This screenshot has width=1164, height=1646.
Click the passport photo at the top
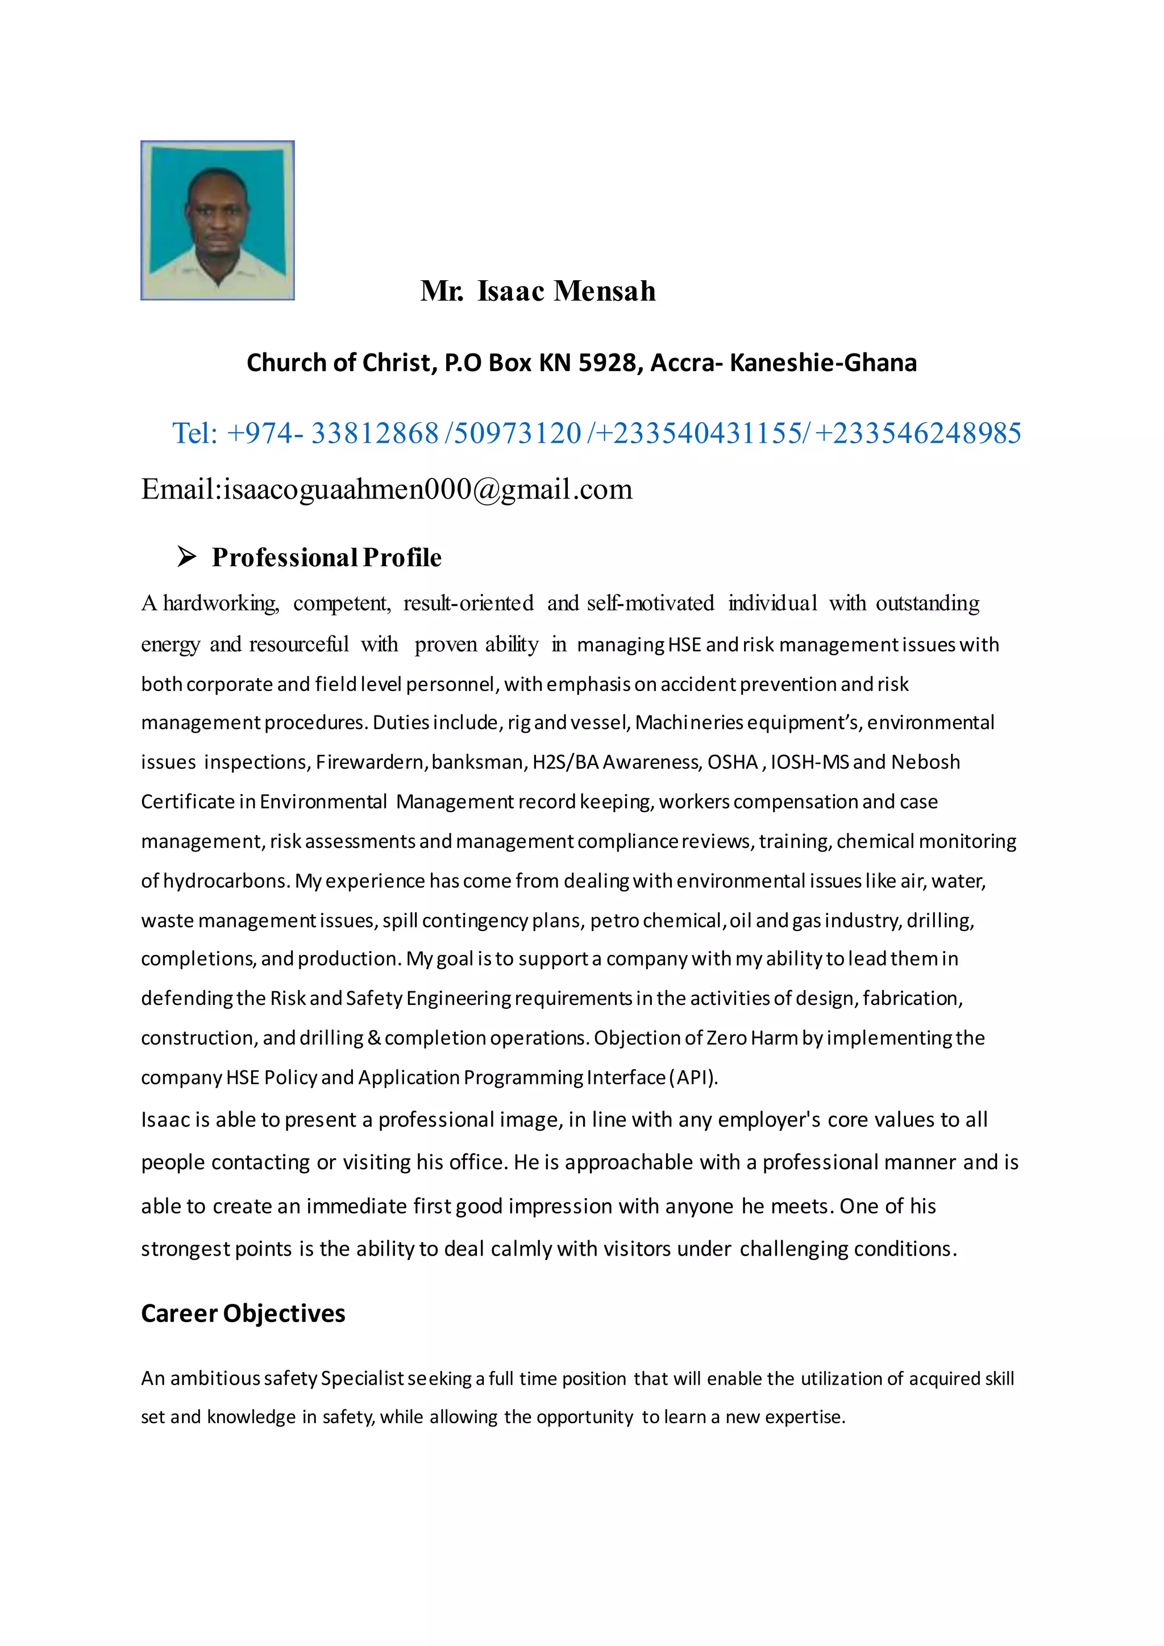coord(217,220)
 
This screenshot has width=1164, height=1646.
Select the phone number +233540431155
coord(699,433)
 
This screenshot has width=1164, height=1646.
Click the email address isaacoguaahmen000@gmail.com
coord(428,489)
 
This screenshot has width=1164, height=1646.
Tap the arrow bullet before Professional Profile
coord(187,556)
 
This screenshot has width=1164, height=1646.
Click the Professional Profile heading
coord(326,557)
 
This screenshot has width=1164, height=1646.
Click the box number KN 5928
coord(587,363)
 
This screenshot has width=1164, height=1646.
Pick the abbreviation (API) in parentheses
coord(692,1078)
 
